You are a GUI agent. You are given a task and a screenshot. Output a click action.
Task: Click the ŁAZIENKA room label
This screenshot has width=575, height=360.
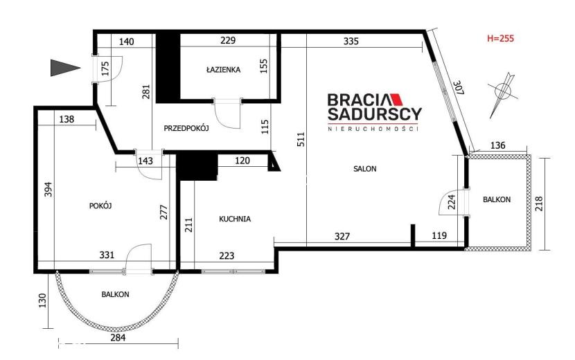pos(223,69)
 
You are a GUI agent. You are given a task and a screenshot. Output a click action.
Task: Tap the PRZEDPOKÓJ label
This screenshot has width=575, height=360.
pos(186,128)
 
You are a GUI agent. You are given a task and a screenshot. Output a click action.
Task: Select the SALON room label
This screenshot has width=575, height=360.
pos(365,169)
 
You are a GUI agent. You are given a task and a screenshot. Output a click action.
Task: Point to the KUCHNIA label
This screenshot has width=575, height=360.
pos(235,219)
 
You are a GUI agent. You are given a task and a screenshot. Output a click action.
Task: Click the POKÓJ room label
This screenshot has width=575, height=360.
pos(100,206)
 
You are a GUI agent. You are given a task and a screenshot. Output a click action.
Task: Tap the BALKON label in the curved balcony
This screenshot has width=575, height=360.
pos(115,294)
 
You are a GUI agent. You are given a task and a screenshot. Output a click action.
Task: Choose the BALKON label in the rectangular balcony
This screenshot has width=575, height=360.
pos(497,199)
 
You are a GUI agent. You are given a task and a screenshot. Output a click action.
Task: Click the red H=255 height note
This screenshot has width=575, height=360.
pos(501,38)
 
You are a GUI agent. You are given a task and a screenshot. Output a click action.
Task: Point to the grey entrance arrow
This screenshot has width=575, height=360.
pos(65,68)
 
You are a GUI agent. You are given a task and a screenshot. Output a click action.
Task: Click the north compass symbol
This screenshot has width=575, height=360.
pos(503,95)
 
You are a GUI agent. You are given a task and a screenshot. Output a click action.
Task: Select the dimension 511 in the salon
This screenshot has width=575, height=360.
pos(301,139)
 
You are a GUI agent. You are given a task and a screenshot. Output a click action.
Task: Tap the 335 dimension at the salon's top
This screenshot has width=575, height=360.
pos(351,41)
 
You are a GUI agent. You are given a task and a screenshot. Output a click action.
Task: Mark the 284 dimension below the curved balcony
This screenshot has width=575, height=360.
pos(118,337)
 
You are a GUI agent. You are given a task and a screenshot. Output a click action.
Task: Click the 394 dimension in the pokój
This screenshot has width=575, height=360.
pos(48,190)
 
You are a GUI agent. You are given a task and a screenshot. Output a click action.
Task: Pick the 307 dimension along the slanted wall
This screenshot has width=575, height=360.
pos(459,89)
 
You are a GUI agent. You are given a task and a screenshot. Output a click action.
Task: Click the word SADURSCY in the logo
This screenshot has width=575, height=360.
pos(374,114)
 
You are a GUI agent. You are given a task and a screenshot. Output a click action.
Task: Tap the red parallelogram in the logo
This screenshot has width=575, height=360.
pos(396,100)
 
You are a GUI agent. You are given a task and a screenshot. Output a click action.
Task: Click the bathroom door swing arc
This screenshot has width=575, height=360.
pos(227,118)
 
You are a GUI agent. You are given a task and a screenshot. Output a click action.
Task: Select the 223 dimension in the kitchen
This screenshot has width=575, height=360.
pos(227,255)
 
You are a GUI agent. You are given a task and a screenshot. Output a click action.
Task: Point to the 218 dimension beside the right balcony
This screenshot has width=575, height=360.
pos(539,204)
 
